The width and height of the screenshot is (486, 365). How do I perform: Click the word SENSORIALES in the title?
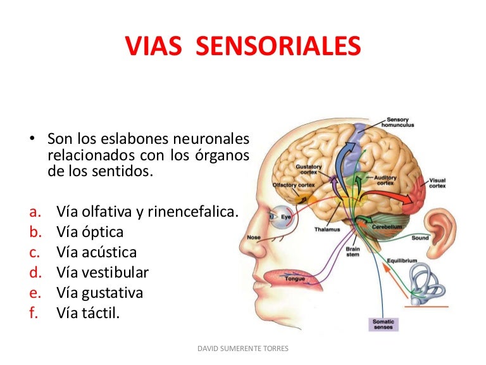pyautogui.click(x=278, y=46)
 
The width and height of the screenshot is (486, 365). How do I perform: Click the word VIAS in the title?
pyautogui.click(x=153, y=46)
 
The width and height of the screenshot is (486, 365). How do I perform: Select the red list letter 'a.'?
pyautogui.click(x=35, y=212)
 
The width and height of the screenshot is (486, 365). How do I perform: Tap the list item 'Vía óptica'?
pyautogui.click(x=90, y=232)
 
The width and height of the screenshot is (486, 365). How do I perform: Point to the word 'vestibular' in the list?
pyautogui.click(x=115, y=272)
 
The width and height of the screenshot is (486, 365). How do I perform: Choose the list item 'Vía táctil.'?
pyautogui.click(x=88, y=312)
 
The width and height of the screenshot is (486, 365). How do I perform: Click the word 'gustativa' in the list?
pyautogui.click(x=113, y=293)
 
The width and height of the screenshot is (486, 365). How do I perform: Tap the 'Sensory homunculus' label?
pyautogui.click(x=397, y=122)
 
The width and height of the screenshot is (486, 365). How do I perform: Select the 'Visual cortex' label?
pyautogui.click(x=437, y=183)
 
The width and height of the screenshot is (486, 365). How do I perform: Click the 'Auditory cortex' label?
pyautogui.click(x=385, y=181)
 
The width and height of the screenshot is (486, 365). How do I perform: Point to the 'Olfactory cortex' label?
pyautogui.click(x=294, y=185)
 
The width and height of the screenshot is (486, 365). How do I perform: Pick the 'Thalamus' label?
pyautogui.click(x=327, y=229)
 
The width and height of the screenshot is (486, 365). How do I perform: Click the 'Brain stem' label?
pyautogui.click(x=352, y=252)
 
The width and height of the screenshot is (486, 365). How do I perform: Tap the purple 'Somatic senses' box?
pyautogui.click(x=383, y=324)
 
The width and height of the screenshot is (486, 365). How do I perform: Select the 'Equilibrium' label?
pyautogui.click(x=402, y=260)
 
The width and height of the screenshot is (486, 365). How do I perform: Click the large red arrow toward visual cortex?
pyautogui.click(x=387, y=196)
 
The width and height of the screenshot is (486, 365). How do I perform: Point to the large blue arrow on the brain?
pyautogui.click(x=344, y=167)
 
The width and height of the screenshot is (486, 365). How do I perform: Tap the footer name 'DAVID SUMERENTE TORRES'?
pyautogui.click(x=243, y=349)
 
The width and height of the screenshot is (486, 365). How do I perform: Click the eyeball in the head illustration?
pyautogui.click(x=280, y=216)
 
